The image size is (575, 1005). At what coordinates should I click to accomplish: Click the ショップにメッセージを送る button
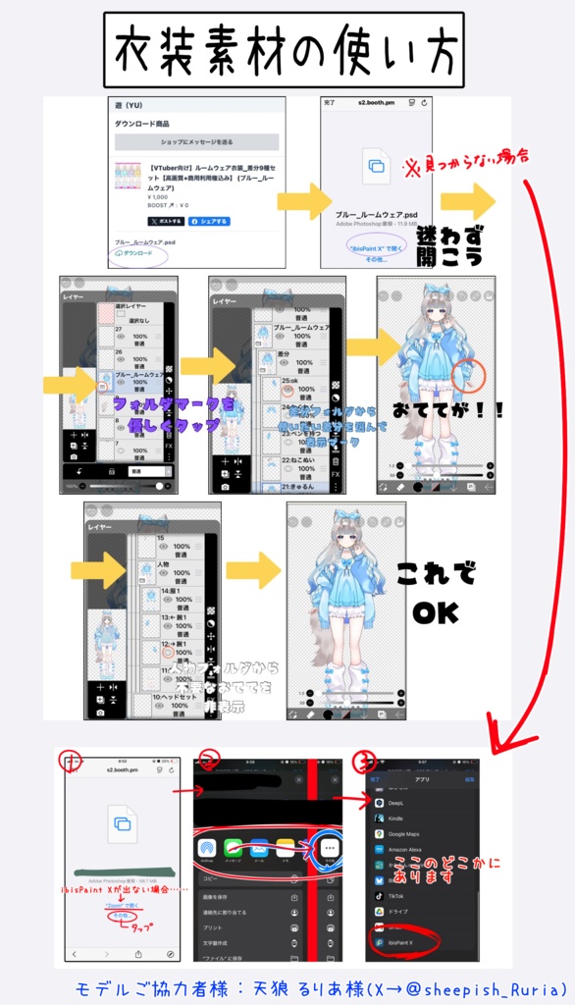click(x=196, y=142)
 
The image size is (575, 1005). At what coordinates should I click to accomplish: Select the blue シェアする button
click(x=208, y=221)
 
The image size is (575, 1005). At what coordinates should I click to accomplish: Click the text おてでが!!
click(x=446, y=411)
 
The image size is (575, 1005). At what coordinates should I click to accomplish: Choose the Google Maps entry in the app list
click(x=402, y=833)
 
